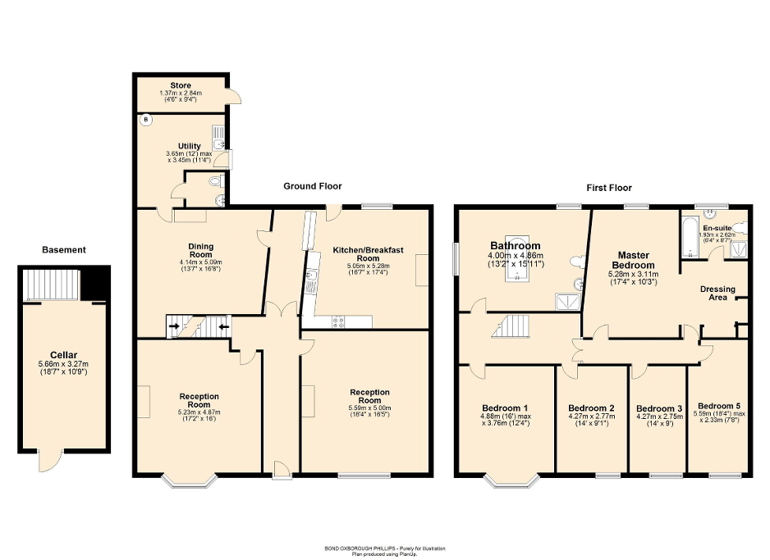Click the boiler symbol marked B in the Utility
pyautogui.click(x=147, y=121)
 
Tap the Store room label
pyautogui.click(x=180, y=85)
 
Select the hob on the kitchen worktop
pyautogui.click(x=338, y=321)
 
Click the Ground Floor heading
pyautogui.click(x=313, y=187)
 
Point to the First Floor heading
pyautogui.click(x=608, y=187)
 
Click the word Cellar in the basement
pyautogui.click(x=62, y=355)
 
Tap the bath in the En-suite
pyautogui.click(x=688, y=235)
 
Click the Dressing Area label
pyautogui.click(x=717, y=294)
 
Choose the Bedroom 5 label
pyautogui.click(x=718, y=406)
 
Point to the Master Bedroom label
pyautogui.click(x=633, y=260)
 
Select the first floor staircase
pyautogui.click(x=508, y=328)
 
